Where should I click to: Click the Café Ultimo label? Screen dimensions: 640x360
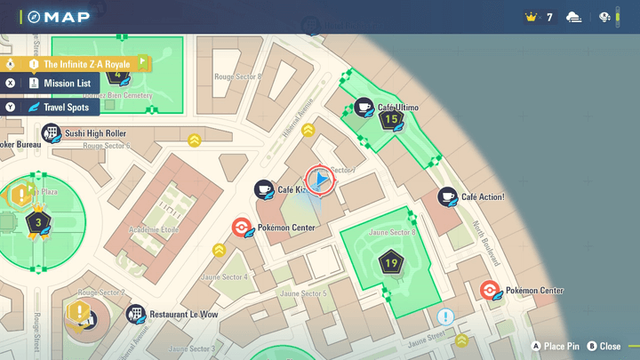[397, 108]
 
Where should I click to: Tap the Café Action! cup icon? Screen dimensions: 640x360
[446, 196]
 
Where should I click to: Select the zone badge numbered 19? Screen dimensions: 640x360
[391, 263]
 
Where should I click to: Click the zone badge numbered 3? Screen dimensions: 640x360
[37, 222]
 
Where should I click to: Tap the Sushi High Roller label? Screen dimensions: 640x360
[94, 133]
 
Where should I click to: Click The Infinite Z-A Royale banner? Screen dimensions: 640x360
[86, 64]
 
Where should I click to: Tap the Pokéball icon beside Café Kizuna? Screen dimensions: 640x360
[241, 228]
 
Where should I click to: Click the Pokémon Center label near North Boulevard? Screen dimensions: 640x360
[534, 291]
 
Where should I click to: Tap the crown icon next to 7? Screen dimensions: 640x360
[532, 17]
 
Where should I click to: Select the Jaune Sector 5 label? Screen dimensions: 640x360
[303, 293]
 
